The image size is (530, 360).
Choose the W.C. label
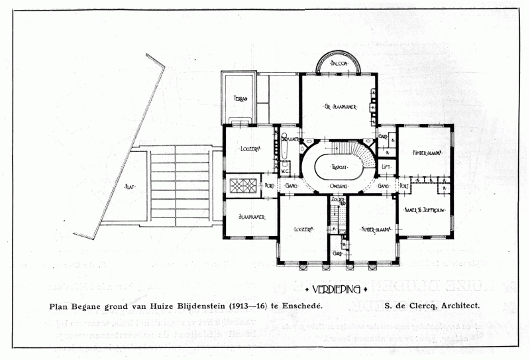coord(286,171)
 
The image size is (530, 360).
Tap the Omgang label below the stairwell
coord(340,188)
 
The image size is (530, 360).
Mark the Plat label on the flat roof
coord(129,187)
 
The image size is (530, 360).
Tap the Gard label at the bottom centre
coord(337,253)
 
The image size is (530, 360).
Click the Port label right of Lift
coord(404,187)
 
